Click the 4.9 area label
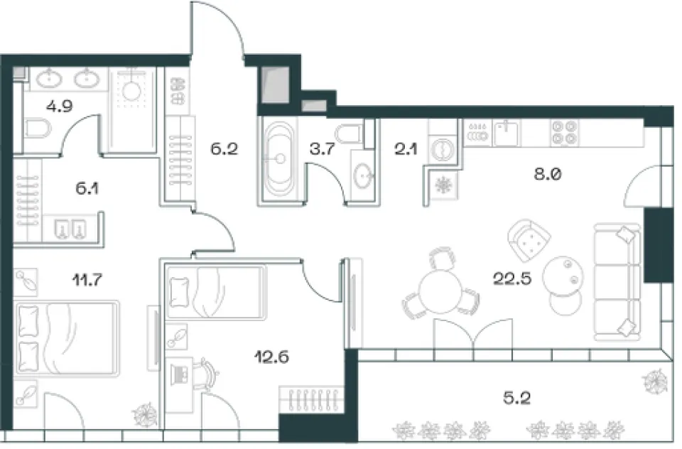pos(59,106)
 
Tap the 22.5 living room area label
pos(512,278)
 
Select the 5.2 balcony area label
pos(516,398)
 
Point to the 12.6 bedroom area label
pos(271,357)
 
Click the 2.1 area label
pos(406,150)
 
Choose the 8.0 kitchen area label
pos(548,174)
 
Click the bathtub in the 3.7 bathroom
pos(280,159)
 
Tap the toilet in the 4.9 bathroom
pos(36,129)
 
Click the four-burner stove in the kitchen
pos(564,133)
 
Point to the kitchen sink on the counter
pos(507,133)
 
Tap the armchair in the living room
pos(529,240)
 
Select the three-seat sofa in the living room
pos(617,282)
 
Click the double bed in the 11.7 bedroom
pos(66,338)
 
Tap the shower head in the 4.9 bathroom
pos(131,92)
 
